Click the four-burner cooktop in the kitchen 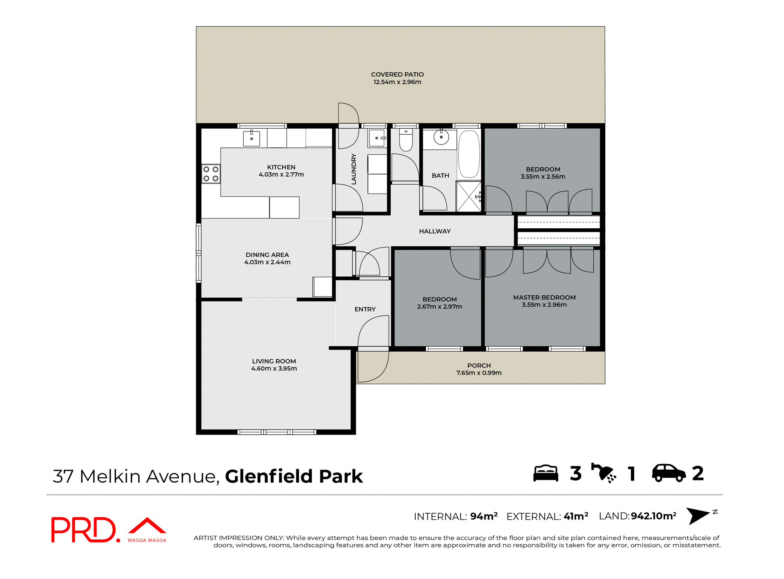pos(211,174)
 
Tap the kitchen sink pos(252,138)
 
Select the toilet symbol pos(406,140)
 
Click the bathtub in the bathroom pos(469,154)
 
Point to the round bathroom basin pos(441,137)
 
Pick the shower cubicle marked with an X pos(468,197)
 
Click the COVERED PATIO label pos(397,74)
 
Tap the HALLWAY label pos(434,232)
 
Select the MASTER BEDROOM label pos(544,298)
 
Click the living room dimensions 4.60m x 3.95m pos(274,369)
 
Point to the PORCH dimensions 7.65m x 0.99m pos(479,373)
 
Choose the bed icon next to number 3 pos(546,474)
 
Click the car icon pos(668,474)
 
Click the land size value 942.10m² pos(653,516)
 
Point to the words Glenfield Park pos(294,477)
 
